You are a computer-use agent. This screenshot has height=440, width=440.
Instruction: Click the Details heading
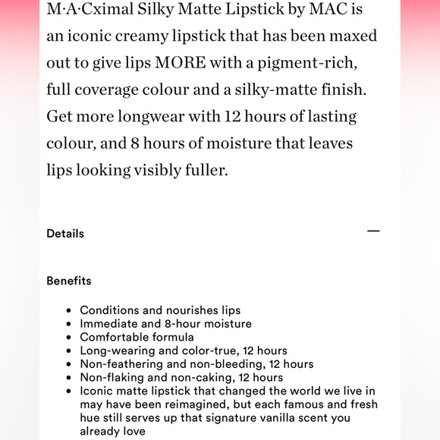coord(65,234)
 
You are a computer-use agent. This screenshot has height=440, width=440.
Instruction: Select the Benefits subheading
coord(68,281)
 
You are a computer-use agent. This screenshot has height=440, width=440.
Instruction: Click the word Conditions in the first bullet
coord(110,310)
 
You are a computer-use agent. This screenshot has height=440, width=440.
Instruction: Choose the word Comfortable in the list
coord(115,337)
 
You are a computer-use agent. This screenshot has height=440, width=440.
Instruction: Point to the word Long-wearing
coord(118,350)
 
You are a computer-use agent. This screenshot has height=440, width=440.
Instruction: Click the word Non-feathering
coord(121,364)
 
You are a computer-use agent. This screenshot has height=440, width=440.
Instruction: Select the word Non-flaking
coord(111,378)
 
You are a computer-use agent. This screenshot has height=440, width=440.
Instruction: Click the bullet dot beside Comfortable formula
coord(69,338)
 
